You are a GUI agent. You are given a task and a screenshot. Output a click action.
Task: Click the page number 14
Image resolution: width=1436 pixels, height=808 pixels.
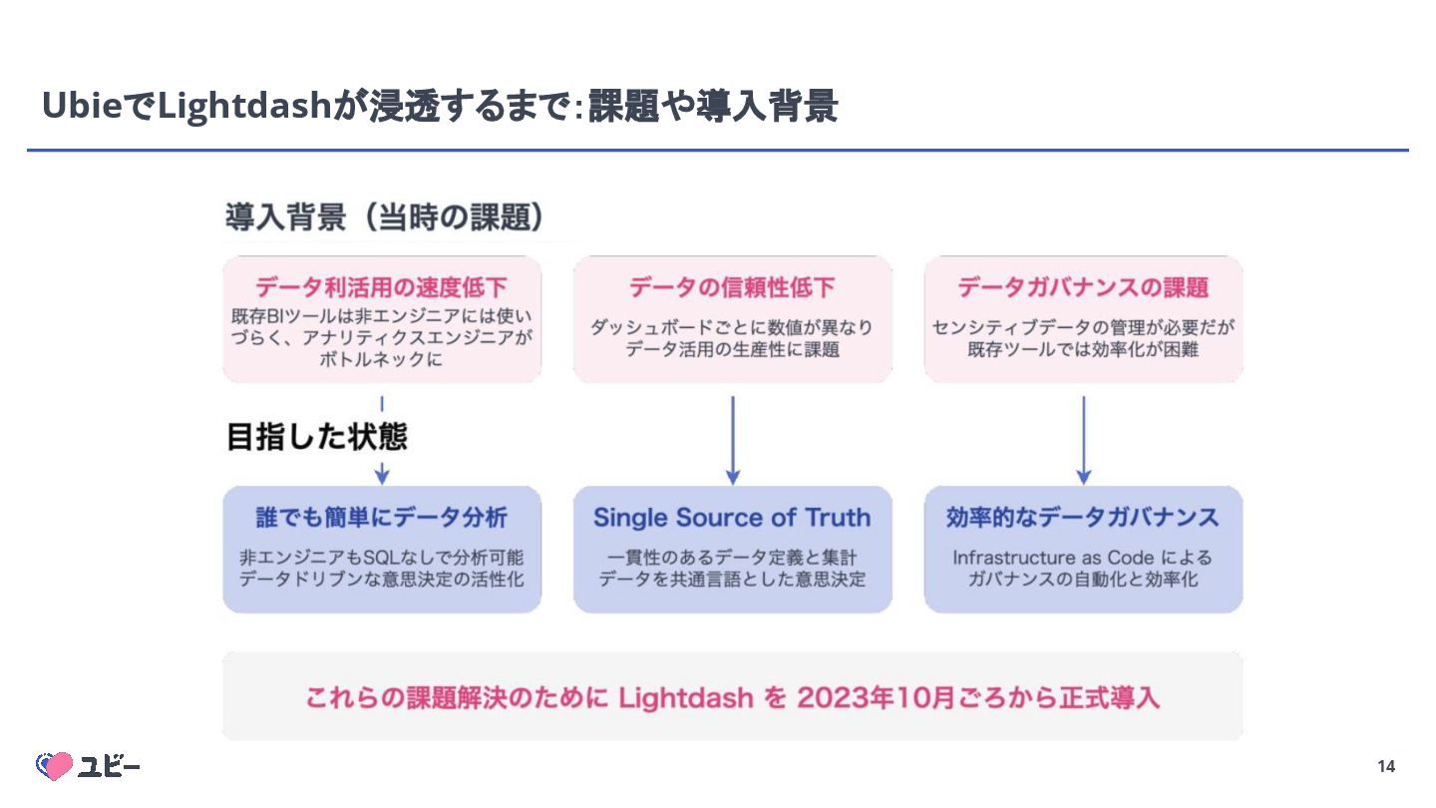(x=1386, y=766)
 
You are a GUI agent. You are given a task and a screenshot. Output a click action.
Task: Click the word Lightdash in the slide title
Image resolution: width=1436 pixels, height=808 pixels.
(x=244, y=105)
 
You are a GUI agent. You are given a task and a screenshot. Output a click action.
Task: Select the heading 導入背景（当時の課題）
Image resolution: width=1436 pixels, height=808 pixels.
(x=385, y=217)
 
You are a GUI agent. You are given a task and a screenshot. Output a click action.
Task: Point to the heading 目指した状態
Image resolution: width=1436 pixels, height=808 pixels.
(x=317, y=437)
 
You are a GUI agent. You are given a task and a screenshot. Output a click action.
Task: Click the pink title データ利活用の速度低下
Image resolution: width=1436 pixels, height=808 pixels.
(x=382, y=287)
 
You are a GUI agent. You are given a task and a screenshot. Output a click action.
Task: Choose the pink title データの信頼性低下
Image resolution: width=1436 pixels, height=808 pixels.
(x=732, y=287)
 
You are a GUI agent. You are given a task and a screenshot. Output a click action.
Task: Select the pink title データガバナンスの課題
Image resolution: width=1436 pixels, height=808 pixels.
(x=1083, y=287)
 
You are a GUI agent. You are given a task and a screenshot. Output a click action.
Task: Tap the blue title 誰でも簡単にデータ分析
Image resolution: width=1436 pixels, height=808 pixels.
(x=382, y=517)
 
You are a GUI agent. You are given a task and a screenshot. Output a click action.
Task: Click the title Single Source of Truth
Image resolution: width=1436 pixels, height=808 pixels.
(x=732, y=517)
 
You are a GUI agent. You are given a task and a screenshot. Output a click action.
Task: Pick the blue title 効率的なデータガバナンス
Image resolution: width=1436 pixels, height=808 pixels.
(x=1083, y=517)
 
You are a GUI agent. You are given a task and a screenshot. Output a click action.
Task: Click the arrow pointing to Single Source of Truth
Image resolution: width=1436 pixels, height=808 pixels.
(x=733, y=440)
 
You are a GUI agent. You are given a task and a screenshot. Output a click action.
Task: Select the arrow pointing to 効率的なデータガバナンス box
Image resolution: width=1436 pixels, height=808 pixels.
(x=1084, y=440)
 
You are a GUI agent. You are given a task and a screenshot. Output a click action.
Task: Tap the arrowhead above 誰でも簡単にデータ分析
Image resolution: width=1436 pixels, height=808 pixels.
(x=382, y=475)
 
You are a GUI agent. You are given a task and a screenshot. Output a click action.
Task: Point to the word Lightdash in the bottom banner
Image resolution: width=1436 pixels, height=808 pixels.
(x=686, y=697)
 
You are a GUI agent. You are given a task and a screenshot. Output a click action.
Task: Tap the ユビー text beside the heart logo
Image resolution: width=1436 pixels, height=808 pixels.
(x=110, y=766)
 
